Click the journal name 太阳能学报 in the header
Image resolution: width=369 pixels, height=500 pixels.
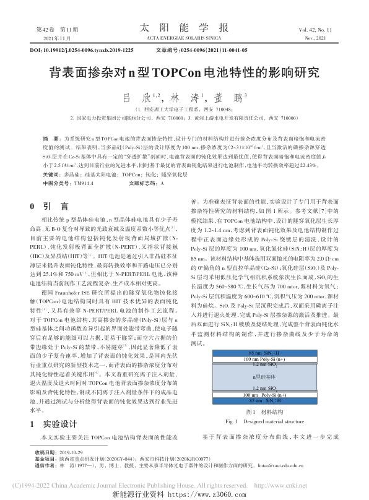click(184, 27)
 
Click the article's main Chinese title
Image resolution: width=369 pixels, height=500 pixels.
click(184, 72)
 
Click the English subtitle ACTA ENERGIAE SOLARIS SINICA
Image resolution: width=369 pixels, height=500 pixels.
click(184, 38)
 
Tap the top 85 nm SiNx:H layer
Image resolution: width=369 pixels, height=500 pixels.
click(272, 352)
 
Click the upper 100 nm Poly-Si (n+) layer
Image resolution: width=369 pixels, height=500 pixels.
click(272, 358)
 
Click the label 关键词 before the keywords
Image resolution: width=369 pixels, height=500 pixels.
click(51, 175)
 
